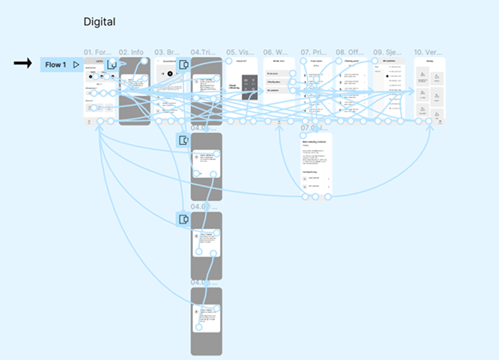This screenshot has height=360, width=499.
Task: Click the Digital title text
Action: pyautogui.click(x=100, y=22)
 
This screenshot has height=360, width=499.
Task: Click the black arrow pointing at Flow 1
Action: pyautogui.click(x=23, y=64)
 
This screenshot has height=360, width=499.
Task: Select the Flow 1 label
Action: pyautogui.click(x=56, y=65)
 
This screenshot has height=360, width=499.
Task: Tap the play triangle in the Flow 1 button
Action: pyautogui.click(x=75, y=65)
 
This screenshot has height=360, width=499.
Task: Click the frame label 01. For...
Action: pyautogui.click(x=99, y=53)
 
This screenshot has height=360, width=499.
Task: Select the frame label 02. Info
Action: pyautogui.click(x=132, y=53)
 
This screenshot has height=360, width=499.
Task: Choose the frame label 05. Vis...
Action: pyautogui.click(x=241, y=53)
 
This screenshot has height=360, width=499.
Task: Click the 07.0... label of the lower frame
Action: pyautogui.click(x=314, y=128)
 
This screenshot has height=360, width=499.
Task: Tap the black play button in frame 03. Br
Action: pyautogui.click(x=171, y=73)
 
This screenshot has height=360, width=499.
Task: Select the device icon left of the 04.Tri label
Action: pyautogui.click(x=184, y=65)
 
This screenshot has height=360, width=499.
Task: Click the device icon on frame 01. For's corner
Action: pyautogui.click(x=112, y=65)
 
